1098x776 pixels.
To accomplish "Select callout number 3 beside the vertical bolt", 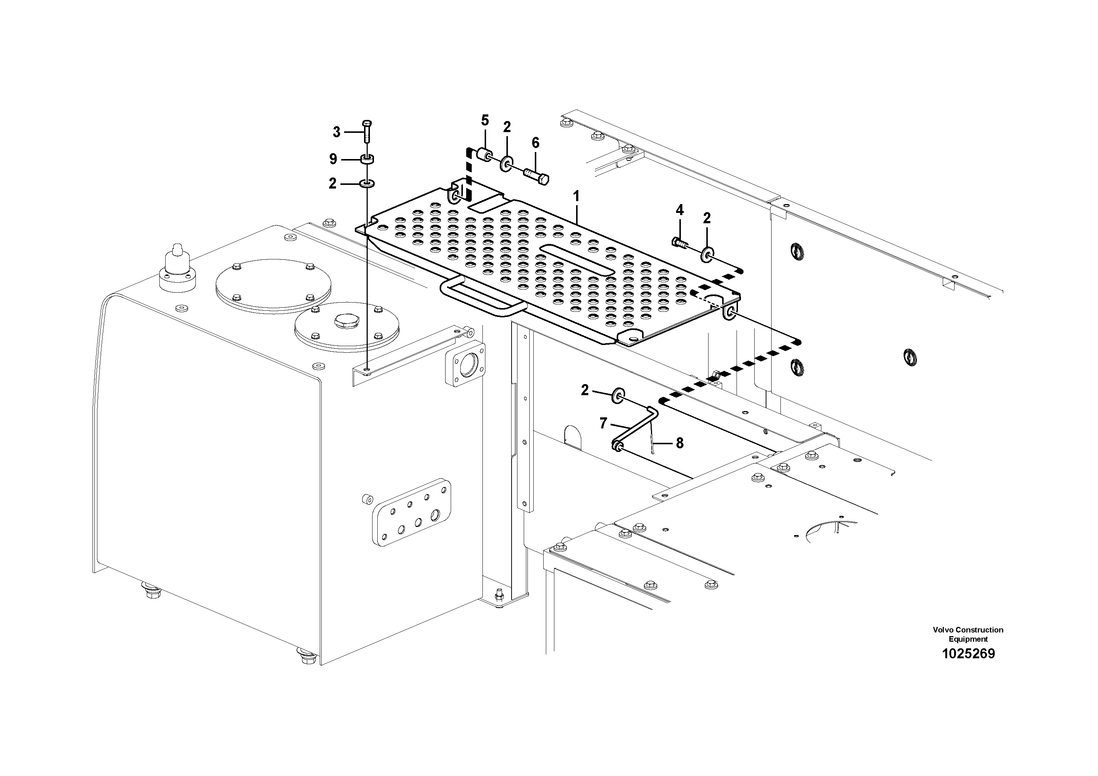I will (336, 132).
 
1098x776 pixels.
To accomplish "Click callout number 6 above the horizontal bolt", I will (536, 142).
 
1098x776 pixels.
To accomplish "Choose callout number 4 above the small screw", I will (679, 210).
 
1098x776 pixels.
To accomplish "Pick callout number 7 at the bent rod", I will (603, 423).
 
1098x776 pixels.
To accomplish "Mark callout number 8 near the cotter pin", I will (679, 444).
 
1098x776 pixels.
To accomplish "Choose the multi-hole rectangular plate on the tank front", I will (412, 512).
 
